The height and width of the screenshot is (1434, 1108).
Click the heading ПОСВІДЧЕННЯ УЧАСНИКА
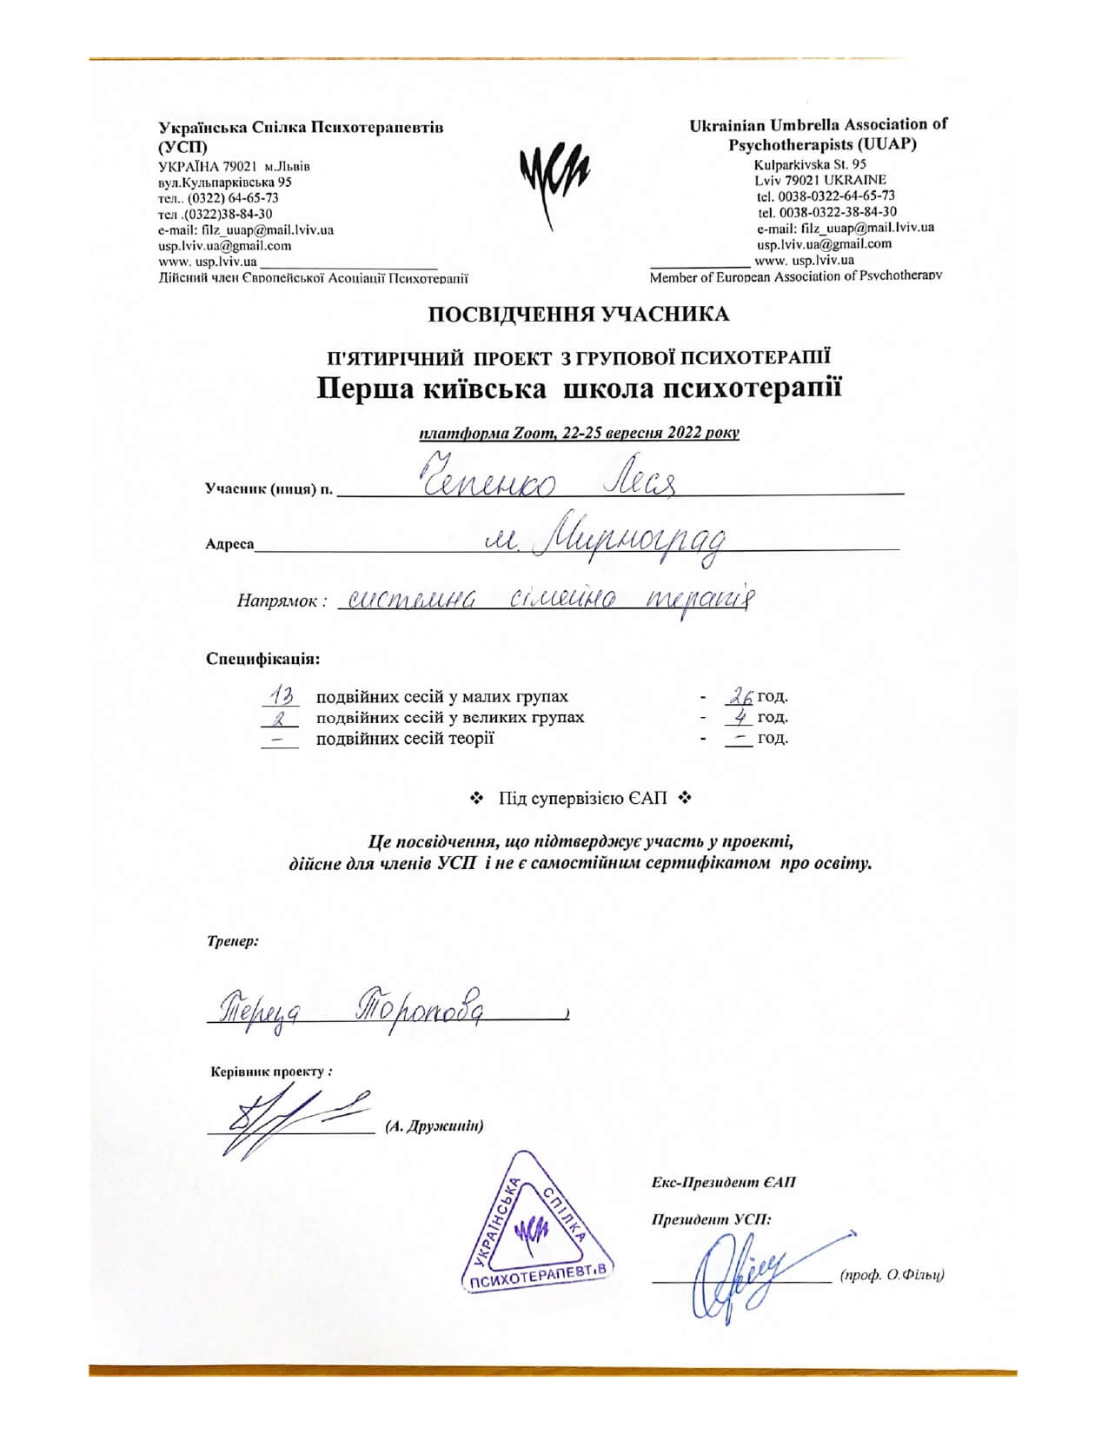coord(578,314)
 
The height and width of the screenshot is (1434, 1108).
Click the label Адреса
coord(229,545)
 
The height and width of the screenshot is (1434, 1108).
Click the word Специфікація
coord(262,658)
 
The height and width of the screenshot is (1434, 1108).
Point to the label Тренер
coord(232,940)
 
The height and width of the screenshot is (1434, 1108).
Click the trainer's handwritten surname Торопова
coord(421,1008)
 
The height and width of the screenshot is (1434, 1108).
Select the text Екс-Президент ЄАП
coord(723,1183)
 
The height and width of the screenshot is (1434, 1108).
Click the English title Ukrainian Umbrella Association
coord(818,125)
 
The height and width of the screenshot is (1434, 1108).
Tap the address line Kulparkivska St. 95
coord(810,163)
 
